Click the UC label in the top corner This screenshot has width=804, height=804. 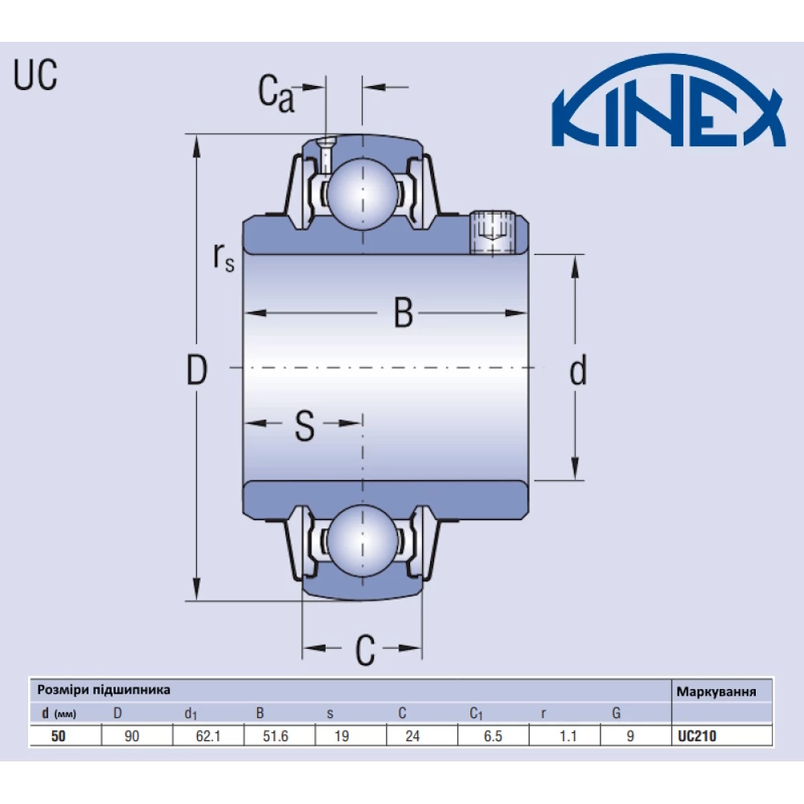tap(35, 76)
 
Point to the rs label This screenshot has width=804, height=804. tap(224, 256)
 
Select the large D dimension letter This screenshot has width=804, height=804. tap(197, 371)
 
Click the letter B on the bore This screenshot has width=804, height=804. tap(403, 314)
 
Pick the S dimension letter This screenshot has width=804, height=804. tap(304, 426)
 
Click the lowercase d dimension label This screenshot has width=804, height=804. tap(577, 371)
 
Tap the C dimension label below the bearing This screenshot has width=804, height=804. tap(365, 650)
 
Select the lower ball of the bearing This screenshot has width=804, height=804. tap(363, 541)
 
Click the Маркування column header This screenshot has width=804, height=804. tap(716, 691)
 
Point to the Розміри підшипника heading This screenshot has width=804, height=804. tap(104, 690)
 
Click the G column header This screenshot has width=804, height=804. tap(616, 712)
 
